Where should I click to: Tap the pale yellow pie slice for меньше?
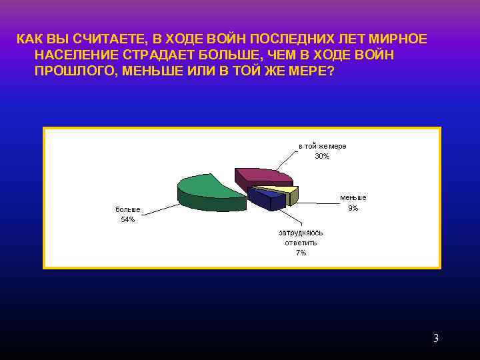pyautogui.click(x=285, y=190)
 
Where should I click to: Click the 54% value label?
pyautogui.click(x=128, y=219)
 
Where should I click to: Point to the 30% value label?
pyautogui.click(x=322, y=156)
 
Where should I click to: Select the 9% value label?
pyautogui.click(x=353, y=208)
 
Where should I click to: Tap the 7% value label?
pyautogui.click(x=301, y=253)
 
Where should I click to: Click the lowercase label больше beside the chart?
pyautogui.click(x=128, y=209)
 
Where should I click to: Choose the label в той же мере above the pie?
pyautogui.click(x=322, y=146)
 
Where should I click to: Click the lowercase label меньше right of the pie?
pyautogui.click(x=353, y=198)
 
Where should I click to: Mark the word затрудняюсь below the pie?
pyautogui.click(x=301, y=233)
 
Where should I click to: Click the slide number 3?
pyautogui.click(x=436, y=338)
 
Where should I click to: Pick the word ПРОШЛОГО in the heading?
pyautogui.click(x=74, y=71)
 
